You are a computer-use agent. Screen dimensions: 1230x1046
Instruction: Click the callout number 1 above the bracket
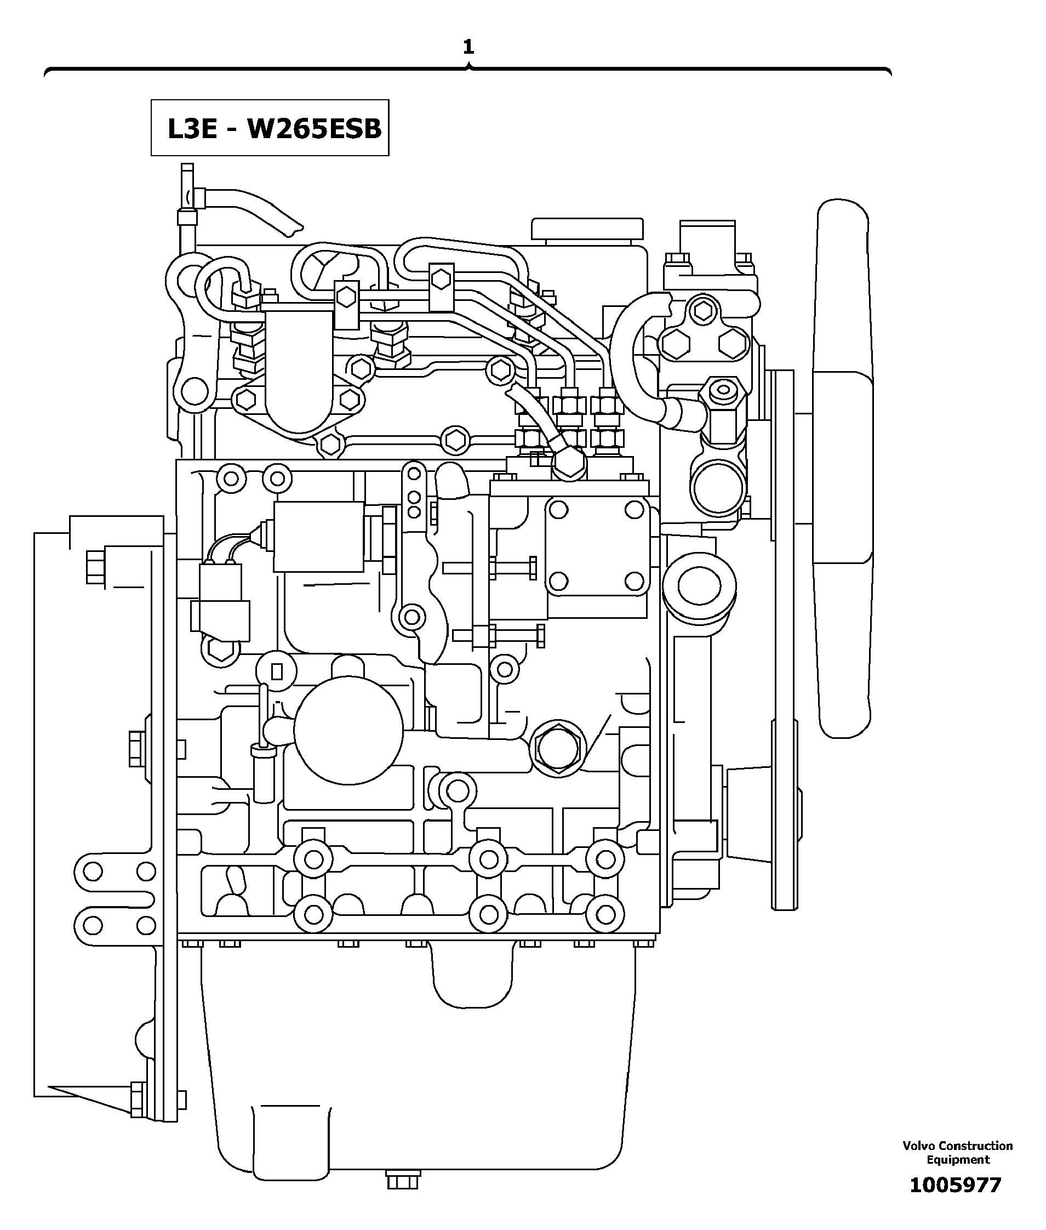tap(468, 47)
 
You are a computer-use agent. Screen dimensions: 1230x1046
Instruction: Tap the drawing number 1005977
tap(954, 1185)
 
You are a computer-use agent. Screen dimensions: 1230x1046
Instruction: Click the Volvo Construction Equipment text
tap(957, 1152)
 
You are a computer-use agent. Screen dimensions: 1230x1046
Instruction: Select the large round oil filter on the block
tap(348, 730)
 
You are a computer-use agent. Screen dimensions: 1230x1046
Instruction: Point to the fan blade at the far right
tap(844, 469)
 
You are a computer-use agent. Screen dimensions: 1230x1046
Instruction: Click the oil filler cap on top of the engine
tap(586, 229)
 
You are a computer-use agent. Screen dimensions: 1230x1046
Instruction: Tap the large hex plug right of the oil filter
tap(557, 748)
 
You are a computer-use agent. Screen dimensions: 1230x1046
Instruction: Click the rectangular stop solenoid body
tap(318, 537)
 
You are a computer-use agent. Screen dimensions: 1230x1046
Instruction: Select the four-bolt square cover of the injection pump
tap(597, 545)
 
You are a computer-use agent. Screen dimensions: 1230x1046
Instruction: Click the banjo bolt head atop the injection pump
tap(569, 464)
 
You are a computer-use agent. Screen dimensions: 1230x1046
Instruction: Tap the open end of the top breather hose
tap(295, 227)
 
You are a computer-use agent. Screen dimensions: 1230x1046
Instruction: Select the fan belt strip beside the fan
tap(784, 641)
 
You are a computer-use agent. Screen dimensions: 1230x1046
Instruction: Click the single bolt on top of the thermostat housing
tap(702, 310)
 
